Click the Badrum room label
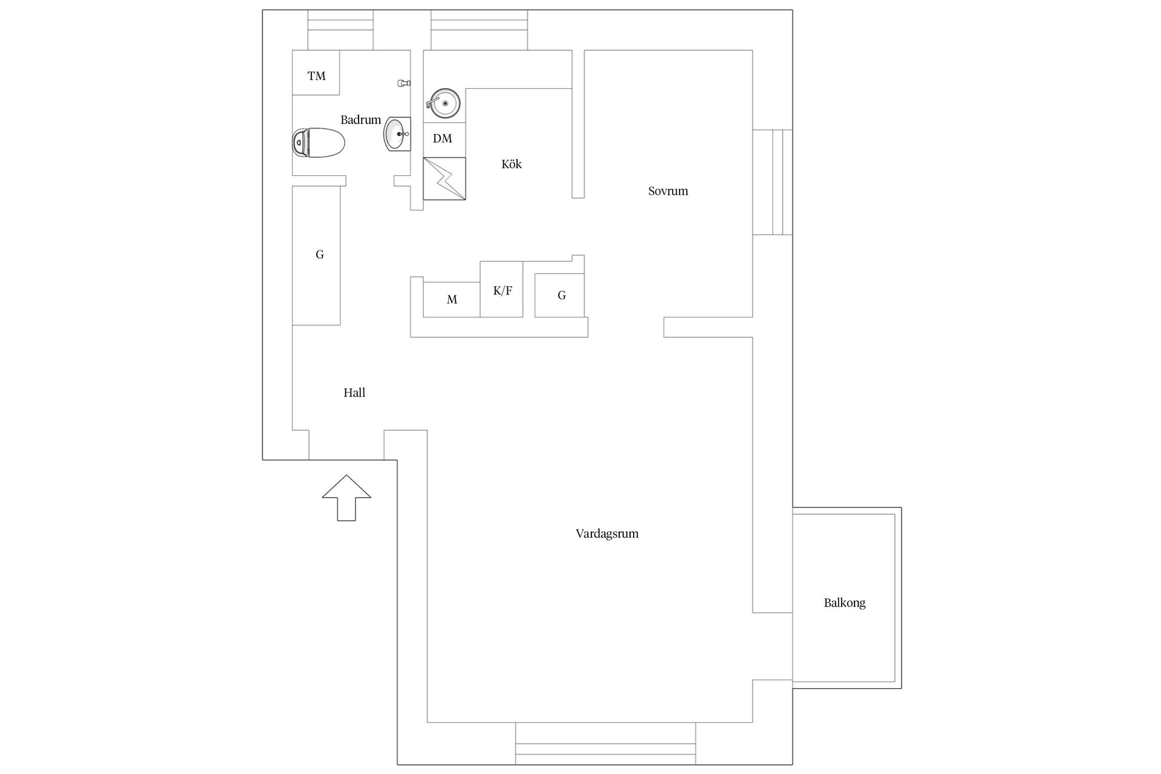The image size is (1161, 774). [x=360, y=120]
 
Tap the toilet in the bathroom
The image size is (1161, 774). [x=318, y=143]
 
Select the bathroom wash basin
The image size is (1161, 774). [x=397, y=134]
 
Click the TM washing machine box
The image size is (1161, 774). [x=316, y=73]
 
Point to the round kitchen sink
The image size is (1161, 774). [x=444, y=103]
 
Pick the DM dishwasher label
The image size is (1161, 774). [x=443, y=138]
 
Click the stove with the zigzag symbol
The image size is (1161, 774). [x=444, y=178]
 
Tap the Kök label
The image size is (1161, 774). [x=512, y=164]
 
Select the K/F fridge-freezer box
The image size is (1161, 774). [x=501, y=289]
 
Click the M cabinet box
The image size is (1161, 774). [x=452, y=299]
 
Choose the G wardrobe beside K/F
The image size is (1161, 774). [x=559, y=295]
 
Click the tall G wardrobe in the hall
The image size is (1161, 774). [x=316, y=255]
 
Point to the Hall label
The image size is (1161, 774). [x=354, y=392]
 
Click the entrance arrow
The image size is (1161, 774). [x=346, y=498]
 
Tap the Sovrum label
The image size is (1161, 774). [x=668, y=191]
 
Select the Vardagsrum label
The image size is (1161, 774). [x=607, y=533]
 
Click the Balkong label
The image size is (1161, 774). [x=845, y=603]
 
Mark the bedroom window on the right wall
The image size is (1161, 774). [x=773, y=182]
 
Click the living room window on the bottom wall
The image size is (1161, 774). [x=605, y=744]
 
